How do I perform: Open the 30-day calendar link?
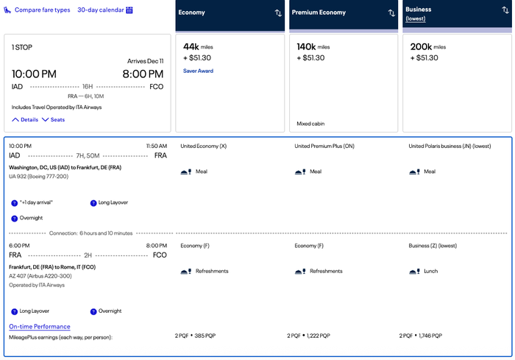click(x=104, y=10)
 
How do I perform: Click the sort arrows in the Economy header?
click(x=278, y=13)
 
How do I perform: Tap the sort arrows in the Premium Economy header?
click(x=391, y=13)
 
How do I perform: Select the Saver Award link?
click(x=198, y=71)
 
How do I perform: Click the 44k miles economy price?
click(x=198, y=47)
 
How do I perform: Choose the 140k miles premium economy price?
click(x=313, y=47)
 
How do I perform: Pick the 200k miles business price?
click(x=428, y=47)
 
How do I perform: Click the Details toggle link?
click(x=25, y=120)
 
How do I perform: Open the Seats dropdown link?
click(x=53, y=120)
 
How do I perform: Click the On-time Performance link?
click(x=40, y=326)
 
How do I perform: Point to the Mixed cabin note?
click(x=310, y=124)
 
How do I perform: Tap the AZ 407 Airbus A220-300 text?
click(x=40, y=276)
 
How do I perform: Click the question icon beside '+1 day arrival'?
click(x=14, y=203)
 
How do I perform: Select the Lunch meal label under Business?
click(x=430, y=271)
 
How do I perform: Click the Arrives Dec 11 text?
click(x=145, y=61)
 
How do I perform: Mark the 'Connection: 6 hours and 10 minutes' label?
click(x=90, y=233)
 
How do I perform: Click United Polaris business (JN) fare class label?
click(x=450, y=146)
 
